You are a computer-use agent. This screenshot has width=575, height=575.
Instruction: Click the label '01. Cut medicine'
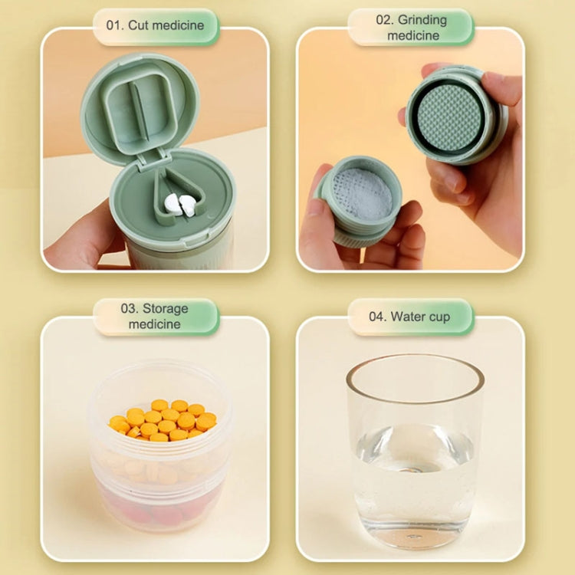[x=155, y=25]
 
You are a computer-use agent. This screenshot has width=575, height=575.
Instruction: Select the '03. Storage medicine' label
[x=155, y=316]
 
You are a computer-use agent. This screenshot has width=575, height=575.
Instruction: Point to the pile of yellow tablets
[x=163, y=420]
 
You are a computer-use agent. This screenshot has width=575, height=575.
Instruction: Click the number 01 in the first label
[x=114, y=25]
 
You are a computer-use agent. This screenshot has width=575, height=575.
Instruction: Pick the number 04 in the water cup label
[x=376, y=316]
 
